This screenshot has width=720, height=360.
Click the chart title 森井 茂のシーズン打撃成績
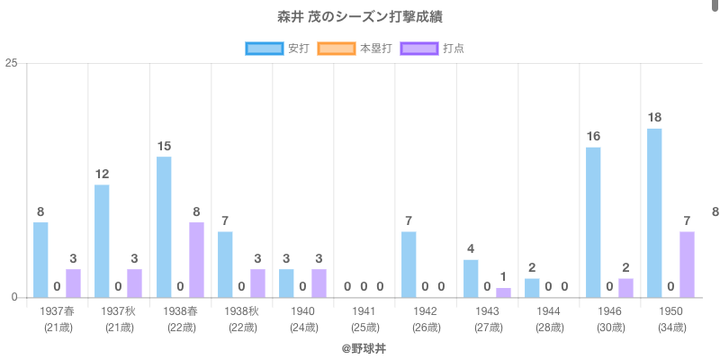(359, 17)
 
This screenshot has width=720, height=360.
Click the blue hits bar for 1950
(654, 212)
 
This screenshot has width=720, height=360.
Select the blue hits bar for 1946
(593, 222)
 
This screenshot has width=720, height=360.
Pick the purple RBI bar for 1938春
(196, 259)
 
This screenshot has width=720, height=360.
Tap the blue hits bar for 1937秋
(102, 241)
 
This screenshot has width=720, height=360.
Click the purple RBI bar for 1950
(687, 265)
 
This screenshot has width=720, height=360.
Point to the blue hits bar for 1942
(409, 265)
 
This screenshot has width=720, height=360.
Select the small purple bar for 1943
(503, 292)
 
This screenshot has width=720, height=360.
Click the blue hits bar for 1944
(532, 288)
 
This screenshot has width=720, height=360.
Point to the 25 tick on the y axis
(12, 63)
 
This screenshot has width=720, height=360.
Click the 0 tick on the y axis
(15, 297)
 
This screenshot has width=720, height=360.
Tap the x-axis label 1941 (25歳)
(364, 319)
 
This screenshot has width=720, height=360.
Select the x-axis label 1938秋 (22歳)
(240, 319)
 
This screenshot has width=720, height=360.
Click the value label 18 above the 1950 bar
(654, 117)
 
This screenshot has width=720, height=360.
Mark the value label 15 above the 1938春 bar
(164, 146)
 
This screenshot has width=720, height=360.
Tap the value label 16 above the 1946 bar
(593, 136)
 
